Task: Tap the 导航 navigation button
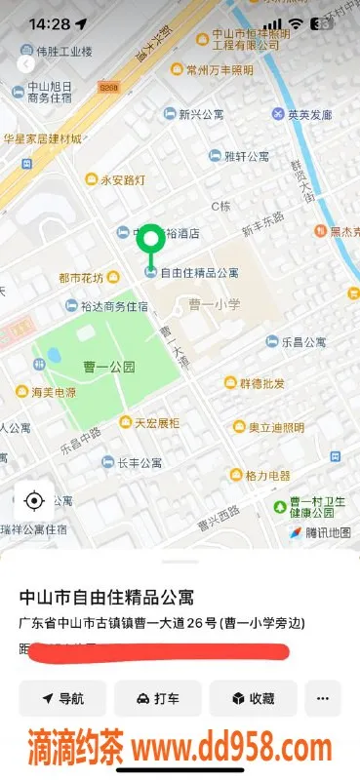(63, 698)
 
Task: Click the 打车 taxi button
(157, 698)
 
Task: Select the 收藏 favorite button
(252, 698)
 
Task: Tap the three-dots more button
(323, 698)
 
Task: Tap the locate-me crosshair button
(34, 502)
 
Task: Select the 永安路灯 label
(122, 179)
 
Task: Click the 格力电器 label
(267, 476)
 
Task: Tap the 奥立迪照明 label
(275, 427)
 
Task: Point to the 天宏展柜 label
(156, 422)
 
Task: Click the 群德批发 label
(261, 382)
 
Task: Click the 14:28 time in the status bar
(50, 23)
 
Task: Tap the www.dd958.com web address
(232, 749)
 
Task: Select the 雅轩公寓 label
(246, 155)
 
